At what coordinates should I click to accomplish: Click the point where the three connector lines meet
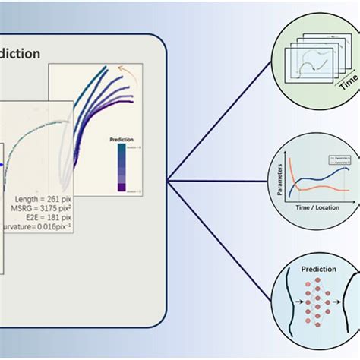click(169, 182)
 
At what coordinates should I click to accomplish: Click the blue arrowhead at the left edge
click(3, 162)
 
